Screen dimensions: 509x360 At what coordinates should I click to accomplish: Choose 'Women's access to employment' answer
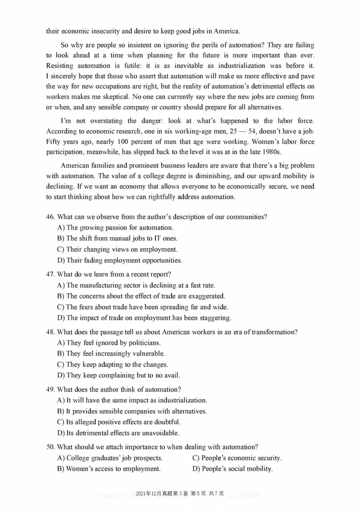pyautogui.click(x=109, y=469)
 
